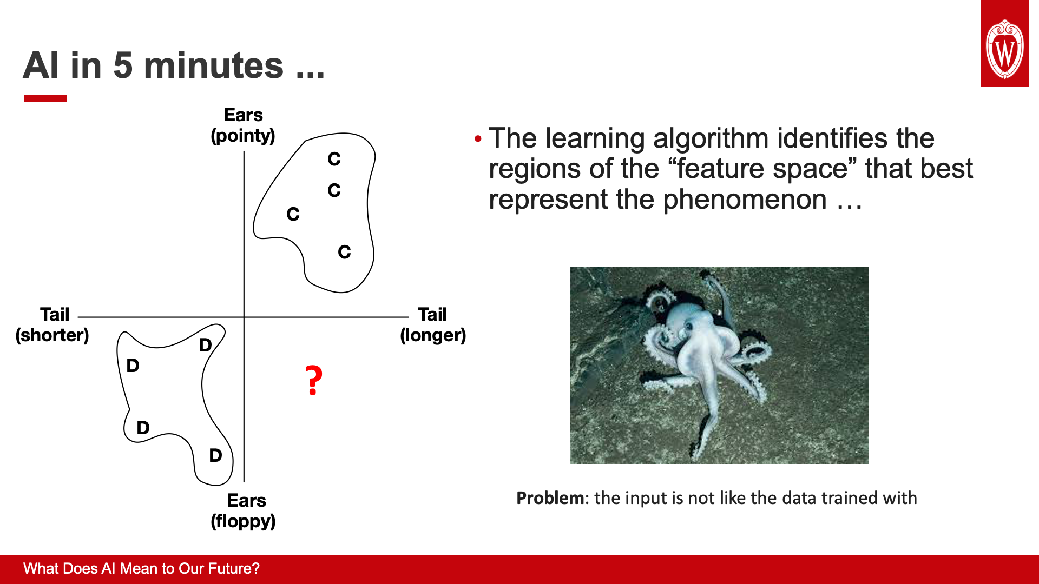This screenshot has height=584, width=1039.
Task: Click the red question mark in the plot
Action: pos(314,380)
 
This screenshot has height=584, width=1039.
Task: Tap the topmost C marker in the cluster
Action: pos(334,159)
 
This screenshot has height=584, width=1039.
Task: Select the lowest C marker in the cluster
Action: pos(344,252)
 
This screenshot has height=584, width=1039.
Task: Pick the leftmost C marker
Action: pos(293,214)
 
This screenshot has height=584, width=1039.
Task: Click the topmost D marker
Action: pos(205,345)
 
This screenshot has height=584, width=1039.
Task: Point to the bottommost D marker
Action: pos(215,455)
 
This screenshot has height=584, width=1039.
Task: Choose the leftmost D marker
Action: pos(133,366)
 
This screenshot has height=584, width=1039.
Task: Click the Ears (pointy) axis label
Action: pos(243,125)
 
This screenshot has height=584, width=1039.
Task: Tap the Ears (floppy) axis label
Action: pos(244,511)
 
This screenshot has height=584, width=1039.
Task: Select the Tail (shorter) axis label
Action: pos(52,325)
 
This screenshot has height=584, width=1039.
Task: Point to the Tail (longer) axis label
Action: pos(433,325)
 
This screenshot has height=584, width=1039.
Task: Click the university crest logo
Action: pos(1005,44)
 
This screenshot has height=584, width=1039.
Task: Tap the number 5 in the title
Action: pos(123,65)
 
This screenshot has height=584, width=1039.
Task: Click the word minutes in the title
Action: pos(214,65)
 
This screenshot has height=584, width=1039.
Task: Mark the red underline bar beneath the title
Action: pos(45,98)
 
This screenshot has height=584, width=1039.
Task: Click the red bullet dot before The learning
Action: pos(477,139)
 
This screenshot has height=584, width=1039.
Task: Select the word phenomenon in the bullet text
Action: pos(745,200)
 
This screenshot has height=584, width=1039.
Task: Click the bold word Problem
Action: pos(550,498)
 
